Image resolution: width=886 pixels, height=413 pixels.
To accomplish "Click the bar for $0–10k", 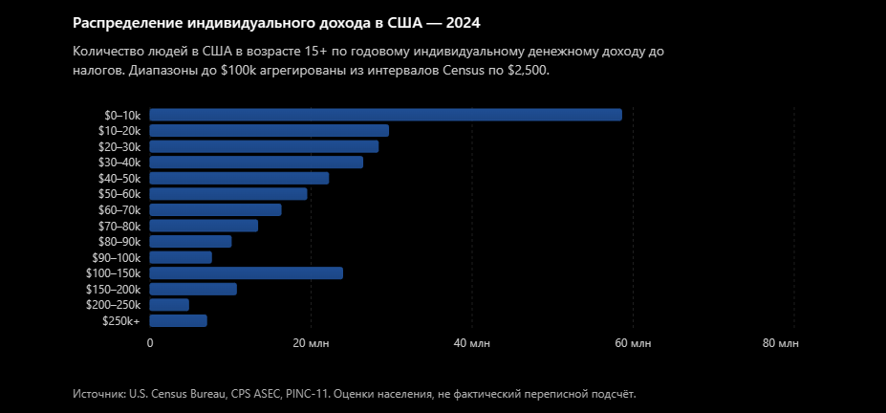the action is coord(385,115).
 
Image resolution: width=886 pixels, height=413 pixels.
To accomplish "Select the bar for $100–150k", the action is coord(246,273).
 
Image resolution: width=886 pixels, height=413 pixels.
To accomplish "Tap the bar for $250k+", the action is coord(178,321).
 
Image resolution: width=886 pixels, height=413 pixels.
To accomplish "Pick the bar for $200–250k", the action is coord(169,305).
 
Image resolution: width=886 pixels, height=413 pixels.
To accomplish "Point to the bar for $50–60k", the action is coord(228,194).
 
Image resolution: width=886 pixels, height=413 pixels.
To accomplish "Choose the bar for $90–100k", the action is coord(181,257).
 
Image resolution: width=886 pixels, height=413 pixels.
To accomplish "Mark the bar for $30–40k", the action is coord(256,163).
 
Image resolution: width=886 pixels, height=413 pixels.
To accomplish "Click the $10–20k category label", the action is coord(119,131).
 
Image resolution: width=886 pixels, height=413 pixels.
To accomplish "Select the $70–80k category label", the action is coord(119,226).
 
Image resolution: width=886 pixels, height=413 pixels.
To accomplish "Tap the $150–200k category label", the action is coord(113,290).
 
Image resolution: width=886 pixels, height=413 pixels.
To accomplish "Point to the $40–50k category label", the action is coord(119,179).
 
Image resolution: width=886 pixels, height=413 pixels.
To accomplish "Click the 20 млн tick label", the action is coord(311,343).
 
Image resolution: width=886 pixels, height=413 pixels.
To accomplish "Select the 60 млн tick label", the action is coord(633,343).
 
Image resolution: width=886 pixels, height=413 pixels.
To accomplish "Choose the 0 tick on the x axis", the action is coord(150,343).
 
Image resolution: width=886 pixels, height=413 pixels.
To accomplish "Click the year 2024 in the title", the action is coord(464,23).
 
